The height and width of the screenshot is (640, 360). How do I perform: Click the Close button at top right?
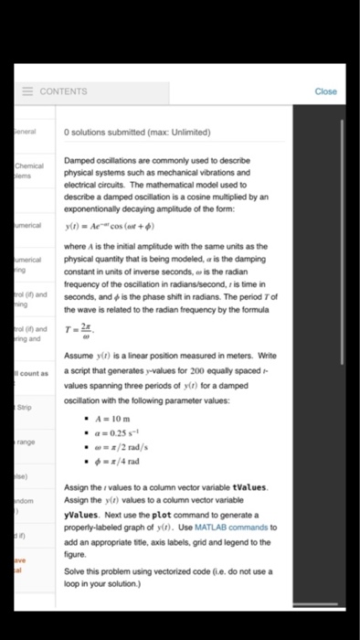coord(326,91)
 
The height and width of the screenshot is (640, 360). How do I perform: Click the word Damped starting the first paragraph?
coord(81,161)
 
